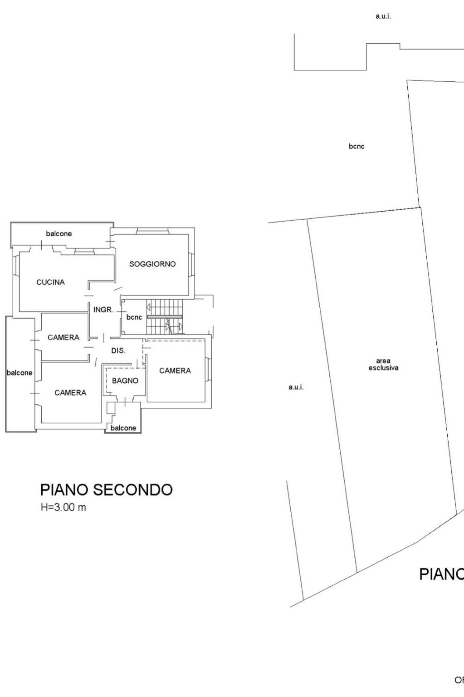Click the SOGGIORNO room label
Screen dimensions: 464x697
[152, 264]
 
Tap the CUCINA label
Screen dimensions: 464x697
[51, 282]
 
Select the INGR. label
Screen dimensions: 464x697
[103, 310]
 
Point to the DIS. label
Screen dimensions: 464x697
[118, 351]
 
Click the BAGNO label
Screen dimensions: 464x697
[125, 381]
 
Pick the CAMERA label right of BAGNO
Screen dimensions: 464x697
[175, 371]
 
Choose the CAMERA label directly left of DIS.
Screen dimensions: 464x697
[63, 337]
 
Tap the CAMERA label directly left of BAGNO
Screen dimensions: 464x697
[70, 393]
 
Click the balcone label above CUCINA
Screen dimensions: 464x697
[59, 234]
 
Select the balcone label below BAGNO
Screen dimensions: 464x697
[123, 428]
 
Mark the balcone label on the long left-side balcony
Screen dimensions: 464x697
[20, 373]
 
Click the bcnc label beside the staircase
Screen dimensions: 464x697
[134, 317]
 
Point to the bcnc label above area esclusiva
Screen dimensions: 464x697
[357, 146]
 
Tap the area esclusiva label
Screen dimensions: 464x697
[384, 364]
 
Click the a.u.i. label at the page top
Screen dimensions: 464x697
[383, 16]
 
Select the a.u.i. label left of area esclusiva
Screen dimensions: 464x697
[296, 387]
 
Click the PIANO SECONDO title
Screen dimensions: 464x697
[106, 489]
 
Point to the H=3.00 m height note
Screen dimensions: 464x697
[63, 508]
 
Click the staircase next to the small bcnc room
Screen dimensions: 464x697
[165, 316]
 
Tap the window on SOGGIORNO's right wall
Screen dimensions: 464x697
[192, 264]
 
